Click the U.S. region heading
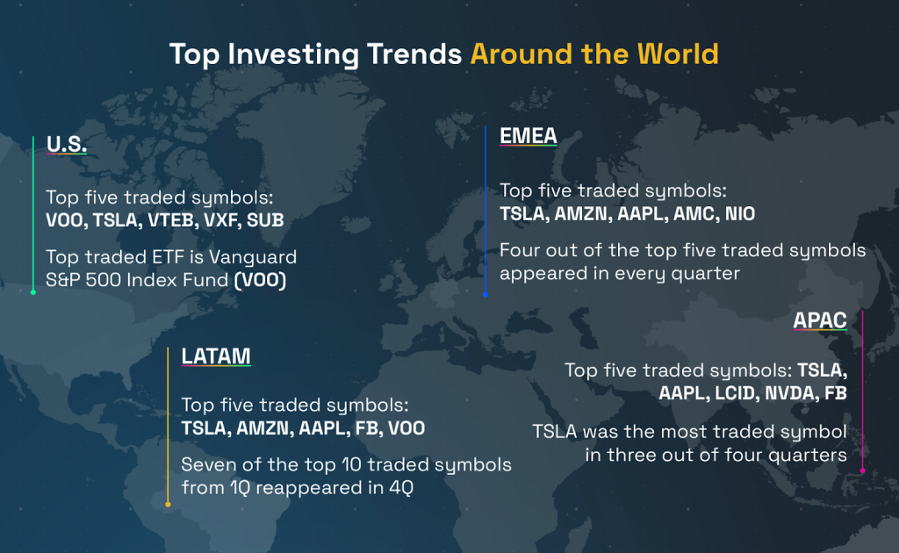(67, 144)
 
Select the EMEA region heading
(528, 136)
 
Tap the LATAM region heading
(216, 355)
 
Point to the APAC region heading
(820, 320)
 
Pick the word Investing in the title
(293, 55)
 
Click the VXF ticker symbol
(220, 220)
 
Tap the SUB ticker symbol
(265, 220)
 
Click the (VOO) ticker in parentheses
(260, 280)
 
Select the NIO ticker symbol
(740, 214)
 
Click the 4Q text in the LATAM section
(401, 488)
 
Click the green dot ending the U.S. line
(33, 292)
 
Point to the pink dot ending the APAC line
(862, 470)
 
